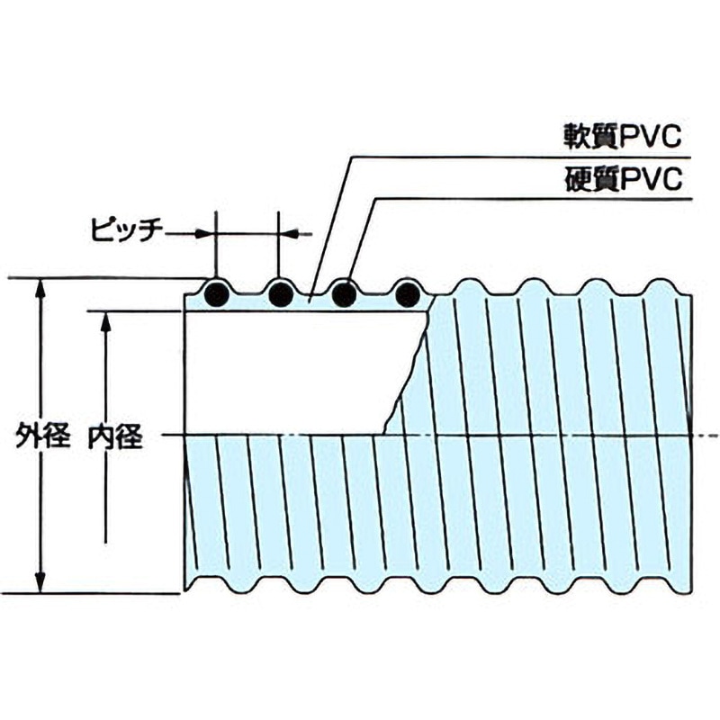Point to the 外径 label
pos(42,438)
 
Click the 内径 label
pos(112,438)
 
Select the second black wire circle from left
pos(281,293)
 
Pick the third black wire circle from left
pos(344,293)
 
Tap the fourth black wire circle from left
pos(407,293)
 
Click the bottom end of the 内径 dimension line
pos(105,542)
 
